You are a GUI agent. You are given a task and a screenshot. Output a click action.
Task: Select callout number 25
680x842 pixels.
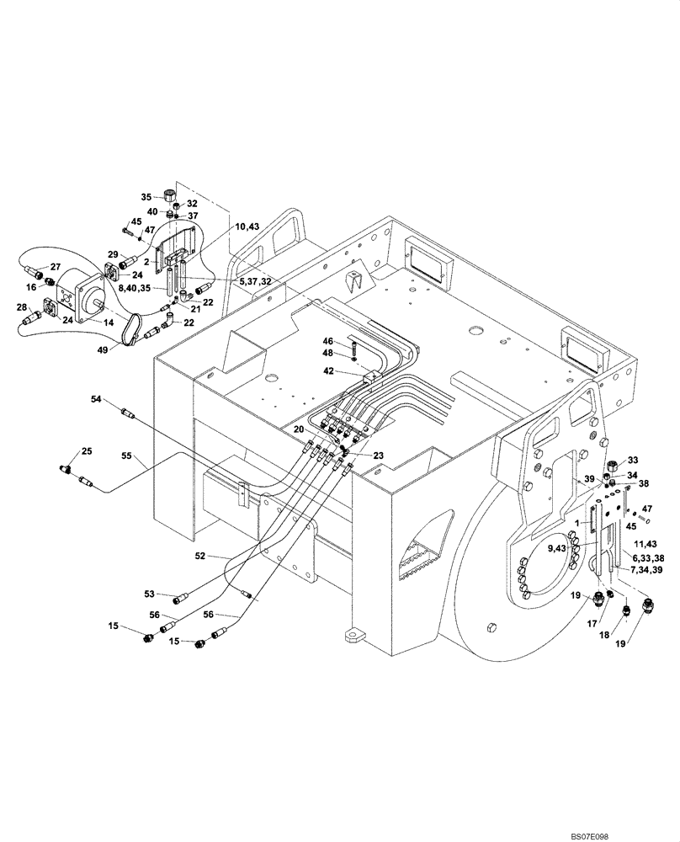[x=87, y=453]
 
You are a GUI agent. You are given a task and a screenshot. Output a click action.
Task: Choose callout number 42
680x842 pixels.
[x=330, y=370]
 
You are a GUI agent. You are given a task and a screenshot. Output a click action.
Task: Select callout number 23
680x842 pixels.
[x=379, y=455]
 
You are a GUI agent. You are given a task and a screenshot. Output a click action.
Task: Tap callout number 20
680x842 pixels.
[x=298, y=429]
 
